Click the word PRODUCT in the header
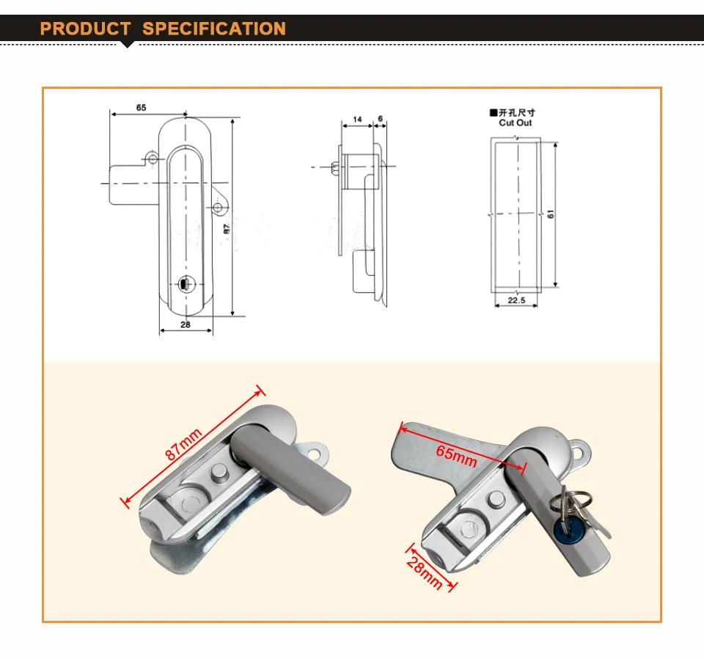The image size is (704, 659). (x=85, y=29)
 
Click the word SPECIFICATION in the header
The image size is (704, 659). (x=214, y=29)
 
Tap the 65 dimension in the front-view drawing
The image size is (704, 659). (x=141, y=108)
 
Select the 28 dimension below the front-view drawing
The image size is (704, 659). (x=186, y=324)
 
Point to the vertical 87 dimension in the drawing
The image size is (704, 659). (x=227, y=229)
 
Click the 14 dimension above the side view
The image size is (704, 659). (x=357, y=120)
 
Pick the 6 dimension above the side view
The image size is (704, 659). (x=381, y=119)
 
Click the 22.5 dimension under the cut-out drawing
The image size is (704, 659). (x=516, y=300)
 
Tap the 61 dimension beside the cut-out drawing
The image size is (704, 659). (x=551, y=214)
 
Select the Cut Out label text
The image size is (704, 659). (x=516, y=123)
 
